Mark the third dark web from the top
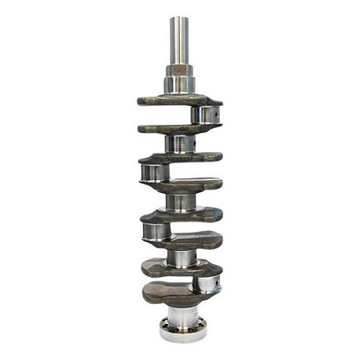(x=180, y=158)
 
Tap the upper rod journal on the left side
(x=152, y=172)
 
